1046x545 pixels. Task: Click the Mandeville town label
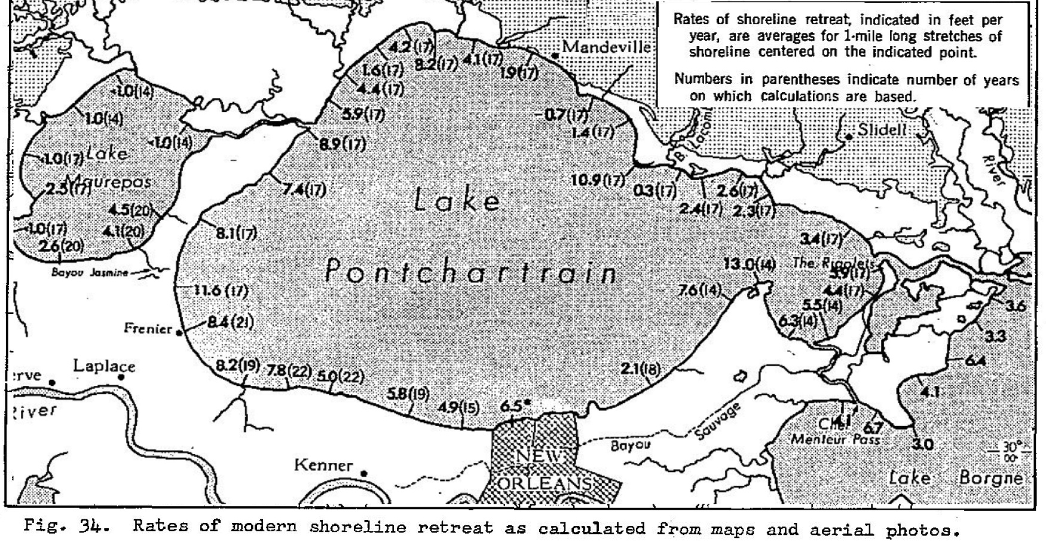[606, 47]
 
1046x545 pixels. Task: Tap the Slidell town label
[882, 130]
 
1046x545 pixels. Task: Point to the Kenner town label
[323, 465]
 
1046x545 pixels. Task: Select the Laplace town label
[104, 366]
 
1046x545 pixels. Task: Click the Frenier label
[148, 328]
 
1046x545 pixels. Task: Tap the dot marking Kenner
[363, 474]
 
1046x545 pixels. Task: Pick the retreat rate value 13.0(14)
[749, 264]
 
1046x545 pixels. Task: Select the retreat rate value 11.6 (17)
[221, 291]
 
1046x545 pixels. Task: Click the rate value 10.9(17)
[598, 180]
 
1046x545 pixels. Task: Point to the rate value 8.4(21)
[230, 323]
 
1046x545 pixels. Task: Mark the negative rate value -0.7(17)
[562, 115]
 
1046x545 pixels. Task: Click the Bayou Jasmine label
[90, 273]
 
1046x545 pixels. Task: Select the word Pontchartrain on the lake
[470, 273]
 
